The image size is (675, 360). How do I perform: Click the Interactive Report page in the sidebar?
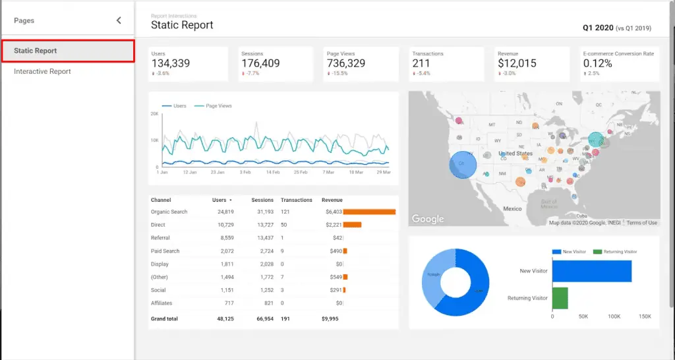(x=42, y=71)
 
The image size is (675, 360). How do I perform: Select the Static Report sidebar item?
(x=36, y=51)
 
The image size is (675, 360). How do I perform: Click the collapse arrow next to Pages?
(x=119, y=20)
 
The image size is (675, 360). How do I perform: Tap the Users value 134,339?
(x=171, y=64)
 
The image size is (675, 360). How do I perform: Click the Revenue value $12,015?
(x=517, y=64)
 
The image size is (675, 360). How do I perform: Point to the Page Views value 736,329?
(x=346, y=64)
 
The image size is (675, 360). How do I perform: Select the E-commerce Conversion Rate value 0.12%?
(x=598, y=64)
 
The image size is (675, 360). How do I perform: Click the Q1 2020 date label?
(x=597, y=28)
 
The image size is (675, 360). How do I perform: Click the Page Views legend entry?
(x=218, y=105)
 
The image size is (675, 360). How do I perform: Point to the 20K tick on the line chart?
(x=154, y=114)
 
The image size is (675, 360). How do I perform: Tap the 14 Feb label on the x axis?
(x=274, y=172)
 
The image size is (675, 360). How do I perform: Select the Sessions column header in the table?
(x=262, y=200)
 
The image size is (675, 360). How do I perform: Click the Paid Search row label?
(x=165, y=251)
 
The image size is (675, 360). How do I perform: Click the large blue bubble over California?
(x=463, y=165)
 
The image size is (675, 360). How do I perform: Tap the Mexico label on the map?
(x=513, y=208)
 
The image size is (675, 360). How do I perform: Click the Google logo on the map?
(x=428, y=219)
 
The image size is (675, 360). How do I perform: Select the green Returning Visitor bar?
(x=560, y=297)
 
